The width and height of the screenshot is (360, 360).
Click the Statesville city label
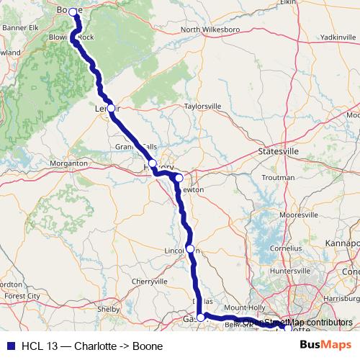pyautogui.click(x=278, y=152)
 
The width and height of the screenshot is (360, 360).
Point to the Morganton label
pyautogui.click(x=69, y=163)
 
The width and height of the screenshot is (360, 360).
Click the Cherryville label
pyautogui.click(x=149, y=281)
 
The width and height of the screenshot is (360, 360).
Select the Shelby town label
pyautogui.click(x=107, y=309)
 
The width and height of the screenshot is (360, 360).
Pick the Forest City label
pyautogui.click(x=22, y=296)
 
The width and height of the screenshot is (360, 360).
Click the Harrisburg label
pyautogui.click(x=341, y=297)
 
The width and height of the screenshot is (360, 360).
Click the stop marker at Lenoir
pyautogui.click(x=111, y=108)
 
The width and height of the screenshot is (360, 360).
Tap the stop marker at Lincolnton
pyautogui.click(x=190, y=249)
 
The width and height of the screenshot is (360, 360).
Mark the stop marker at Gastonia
pyautogui.click(x=201, y=317)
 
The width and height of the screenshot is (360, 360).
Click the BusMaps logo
pyautogui.click(x=325, y=344)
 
